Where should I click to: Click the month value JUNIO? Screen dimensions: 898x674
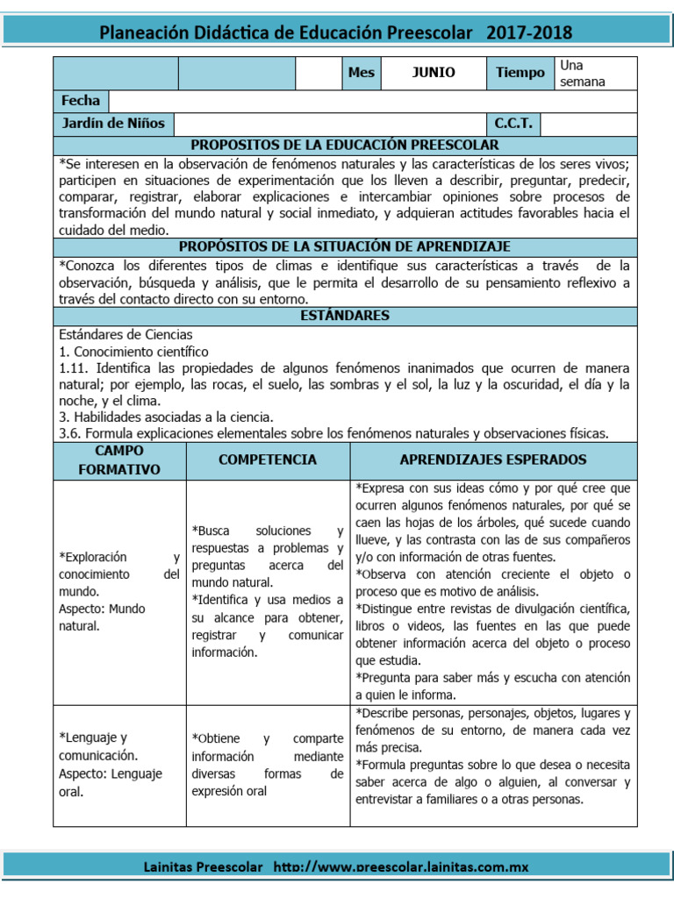(434, 73)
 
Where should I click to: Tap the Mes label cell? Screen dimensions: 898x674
(361, 73)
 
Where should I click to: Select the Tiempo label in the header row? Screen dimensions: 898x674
(520, 73)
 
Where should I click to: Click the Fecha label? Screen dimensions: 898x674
(81, 101)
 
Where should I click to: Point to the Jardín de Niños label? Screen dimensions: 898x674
(113, 123)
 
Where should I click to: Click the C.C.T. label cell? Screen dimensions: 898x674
(513, 123)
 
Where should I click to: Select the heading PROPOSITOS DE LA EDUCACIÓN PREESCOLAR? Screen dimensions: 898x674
(345, 145)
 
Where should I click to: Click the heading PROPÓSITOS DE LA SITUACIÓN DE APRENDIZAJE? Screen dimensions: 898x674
(345, 247)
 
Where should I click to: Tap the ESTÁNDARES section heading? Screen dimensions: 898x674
(345, 316)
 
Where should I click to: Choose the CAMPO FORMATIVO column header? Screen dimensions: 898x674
(119, 460)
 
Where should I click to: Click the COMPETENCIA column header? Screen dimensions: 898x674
(268, 460)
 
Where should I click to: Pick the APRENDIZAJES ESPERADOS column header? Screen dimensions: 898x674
(493, 460)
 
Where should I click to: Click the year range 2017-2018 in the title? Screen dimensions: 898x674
(530, 33)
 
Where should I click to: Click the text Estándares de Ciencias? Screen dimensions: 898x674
(125, 334)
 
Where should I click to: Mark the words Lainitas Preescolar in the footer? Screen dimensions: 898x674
(203, 867)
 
